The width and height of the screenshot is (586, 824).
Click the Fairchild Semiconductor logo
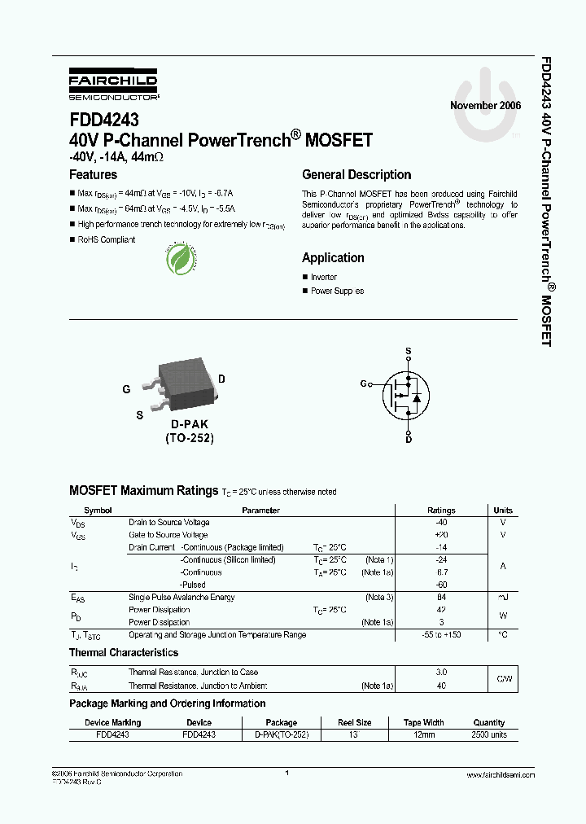[113, 85]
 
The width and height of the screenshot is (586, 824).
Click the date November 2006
[485, 106]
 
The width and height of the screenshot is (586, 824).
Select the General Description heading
[356, 174]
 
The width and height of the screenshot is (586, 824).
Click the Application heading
[333, 257]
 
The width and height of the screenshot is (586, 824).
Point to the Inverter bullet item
[323, 278]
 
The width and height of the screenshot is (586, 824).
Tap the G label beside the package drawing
[126, 389]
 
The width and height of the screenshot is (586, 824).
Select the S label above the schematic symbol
[409, 353]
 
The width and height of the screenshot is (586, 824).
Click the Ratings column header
[441, 511]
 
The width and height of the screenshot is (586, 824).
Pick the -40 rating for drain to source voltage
[441, 523]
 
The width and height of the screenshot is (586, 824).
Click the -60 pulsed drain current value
[441, 585]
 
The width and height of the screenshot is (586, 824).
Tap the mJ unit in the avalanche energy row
[502, 598]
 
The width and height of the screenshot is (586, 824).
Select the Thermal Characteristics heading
[124, 652]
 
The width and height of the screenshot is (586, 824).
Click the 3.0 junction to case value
[441, 673]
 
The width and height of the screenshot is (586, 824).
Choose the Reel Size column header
[355, 722]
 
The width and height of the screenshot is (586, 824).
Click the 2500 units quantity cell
[488, 734]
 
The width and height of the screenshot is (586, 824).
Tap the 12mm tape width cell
[424, 734]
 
